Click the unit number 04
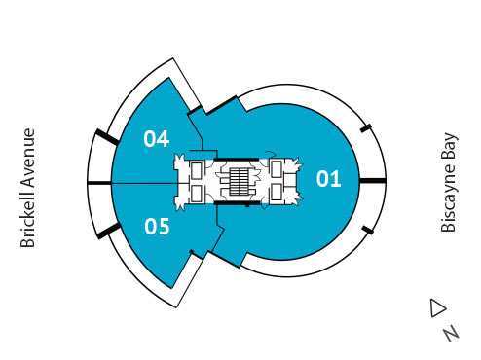click(156, 138)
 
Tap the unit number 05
click(157, 227)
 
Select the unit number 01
click(329, 178)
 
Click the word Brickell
click(27, 216)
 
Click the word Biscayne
click(449, 199)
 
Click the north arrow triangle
click(437, 307)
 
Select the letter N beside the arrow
click(450, 333)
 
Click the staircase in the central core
click(240, 180)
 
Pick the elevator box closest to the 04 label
click(196, 168)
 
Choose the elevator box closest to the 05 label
click(196, 194)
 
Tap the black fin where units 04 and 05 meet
click(99, 182)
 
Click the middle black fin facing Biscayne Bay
click(373, 180)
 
